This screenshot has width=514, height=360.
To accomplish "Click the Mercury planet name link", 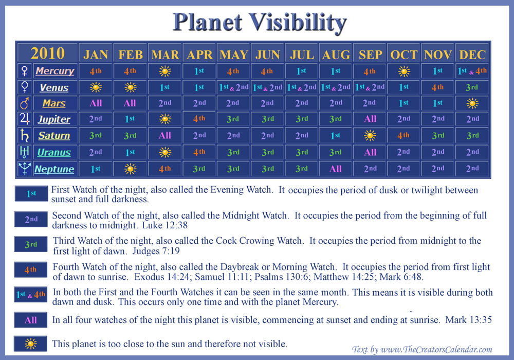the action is click(55, 71).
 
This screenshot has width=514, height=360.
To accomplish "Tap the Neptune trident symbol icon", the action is click(24, 168).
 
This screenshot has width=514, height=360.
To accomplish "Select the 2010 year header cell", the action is click(47, 53).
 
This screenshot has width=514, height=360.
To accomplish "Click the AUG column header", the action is click(336, 55).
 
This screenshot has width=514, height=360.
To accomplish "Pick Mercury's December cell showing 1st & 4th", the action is click(472, 71).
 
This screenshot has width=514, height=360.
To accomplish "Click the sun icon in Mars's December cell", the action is click(472, 103).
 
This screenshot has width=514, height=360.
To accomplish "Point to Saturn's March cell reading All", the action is click(164, 135).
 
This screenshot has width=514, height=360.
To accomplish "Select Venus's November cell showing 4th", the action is click(437, 87).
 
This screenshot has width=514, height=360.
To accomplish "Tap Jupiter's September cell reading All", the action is click(370, 119).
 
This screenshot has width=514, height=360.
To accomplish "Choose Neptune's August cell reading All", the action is click(335, 169).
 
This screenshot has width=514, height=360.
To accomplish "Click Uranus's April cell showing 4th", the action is click(199, 152).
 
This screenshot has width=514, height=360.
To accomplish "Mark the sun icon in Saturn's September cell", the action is click(370, 135).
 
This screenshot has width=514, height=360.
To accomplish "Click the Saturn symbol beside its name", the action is click(24, 135).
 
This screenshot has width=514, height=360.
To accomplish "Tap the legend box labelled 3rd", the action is click(31, 244).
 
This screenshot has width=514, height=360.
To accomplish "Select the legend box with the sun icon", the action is click(30, 344).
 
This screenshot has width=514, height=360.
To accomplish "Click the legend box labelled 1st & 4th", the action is click(30, 294).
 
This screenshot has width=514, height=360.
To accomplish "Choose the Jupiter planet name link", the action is click(54, 119).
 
